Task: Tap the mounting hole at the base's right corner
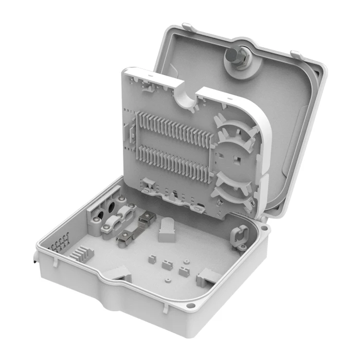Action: coord(264,227)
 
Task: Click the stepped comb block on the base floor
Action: coord(83,254)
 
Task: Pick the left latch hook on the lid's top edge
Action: coord(187,26)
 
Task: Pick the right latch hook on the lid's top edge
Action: coord(296,53)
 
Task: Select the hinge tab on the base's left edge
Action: coord(34,257)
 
